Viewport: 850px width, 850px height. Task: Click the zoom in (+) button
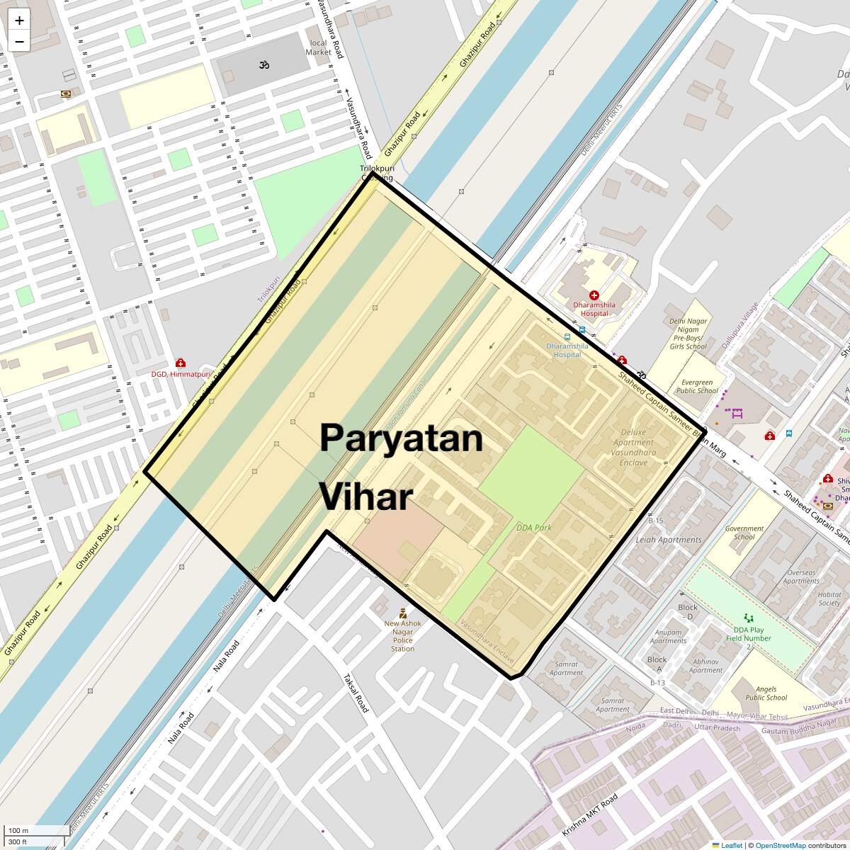19,21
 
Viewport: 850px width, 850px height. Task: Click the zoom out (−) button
19,42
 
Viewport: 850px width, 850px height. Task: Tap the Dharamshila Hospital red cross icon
594,295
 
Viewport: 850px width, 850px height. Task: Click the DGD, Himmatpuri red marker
181,363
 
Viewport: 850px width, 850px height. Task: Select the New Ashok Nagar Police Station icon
403,613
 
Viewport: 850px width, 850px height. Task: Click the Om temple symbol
264,65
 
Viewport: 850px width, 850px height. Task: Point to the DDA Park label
533,528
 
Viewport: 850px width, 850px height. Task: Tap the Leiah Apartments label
668,540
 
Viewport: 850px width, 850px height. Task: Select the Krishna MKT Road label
590,814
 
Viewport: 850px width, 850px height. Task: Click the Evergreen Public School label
697,387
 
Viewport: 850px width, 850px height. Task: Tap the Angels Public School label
766,693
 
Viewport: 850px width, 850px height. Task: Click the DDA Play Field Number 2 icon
749,618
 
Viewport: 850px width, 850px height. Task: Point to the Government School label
744,533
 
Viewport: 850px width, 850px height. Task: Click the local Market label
318,47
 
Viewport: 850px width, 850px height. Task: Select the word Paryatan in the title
401,438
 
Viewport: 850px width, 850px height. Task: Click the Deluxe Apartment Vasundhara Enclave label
633,447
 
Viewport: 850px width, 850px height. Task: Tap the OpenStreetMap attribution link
780,845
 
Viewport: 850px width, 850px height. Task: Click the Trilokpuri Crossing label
376,174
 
